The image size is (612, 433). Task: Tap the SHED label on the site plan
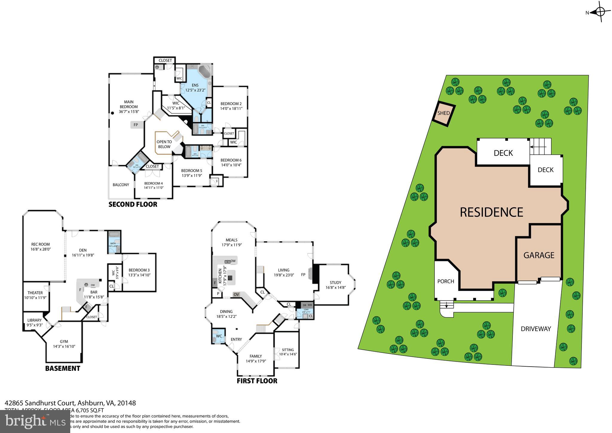[x=443, y=113]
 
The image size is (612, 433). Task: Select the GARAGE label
[x=539, y=255]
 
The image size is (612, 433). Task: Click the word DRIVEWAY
[x=535, y=329]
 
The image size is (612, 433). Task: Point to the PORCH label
[x=446, y=281]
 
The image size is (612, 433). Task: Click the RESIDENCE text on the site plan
[x=491, y=212]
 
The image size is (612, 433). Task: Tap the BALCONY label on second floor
[x=121, y=185]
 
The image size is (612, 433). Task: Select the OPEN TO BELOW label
[x=164, y=144]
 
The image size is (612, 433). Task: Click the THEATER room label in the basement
[x=35, y=293]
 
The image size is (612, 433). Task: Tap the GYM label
[x=64, y=341]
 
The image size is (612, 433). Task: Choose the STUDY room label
[x=335, y=283]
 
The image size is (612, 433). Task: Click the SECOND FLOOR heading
[x=133, y=205]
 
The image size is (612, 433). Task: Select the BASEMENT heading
[x=62, y=368]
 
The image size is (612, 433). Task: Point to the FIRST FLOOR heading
[x=257, y=381]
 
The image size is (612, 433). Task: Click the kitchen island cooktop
[x=230, y=278]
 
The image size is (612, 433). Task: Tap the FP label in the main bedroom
[x=136, y=125]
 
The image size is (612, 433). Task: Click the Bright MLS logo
[x=35, y=422]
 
